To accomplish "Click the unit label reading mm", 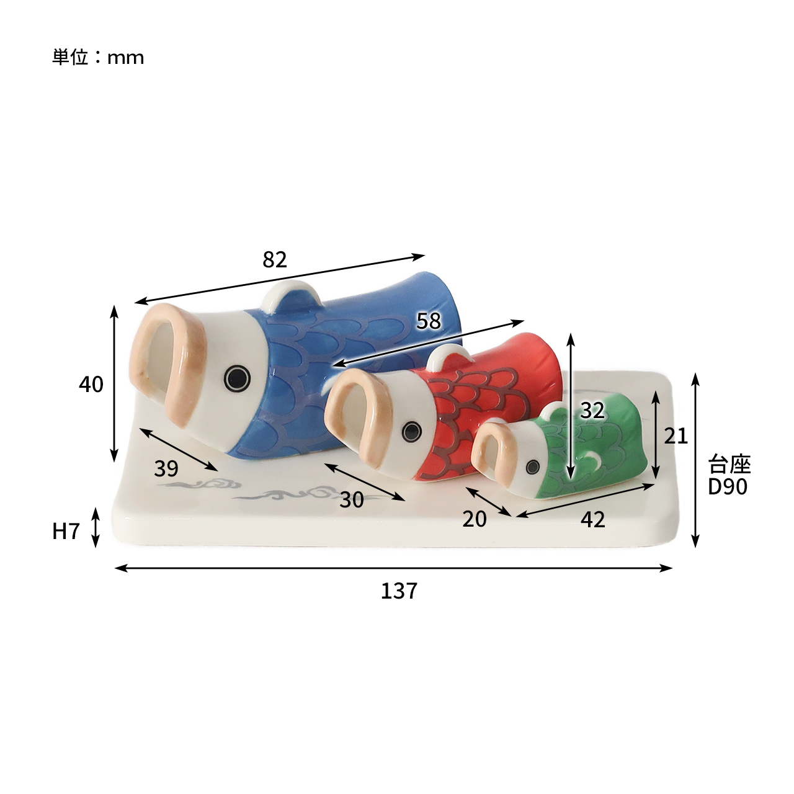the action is click(x=126, y=58).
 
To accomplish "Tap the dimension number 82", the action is click(x=274, y=259).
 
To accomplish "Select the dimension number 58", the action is click(x=429, y=321).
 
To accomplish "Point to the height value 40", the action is click(x=91, y=384).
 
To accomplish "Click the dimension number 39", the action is click(x=166, y=468).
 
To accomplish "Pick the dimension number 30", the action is click(x=352, y=500).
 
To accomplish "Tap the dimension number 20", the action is click(x=475, y=519).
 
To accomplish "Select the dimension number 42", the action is click(x=593, y=520).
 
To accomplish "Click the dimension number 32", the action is click(x=592, y=411).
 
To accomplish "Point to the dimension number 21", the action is click(x=676, y=436).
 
